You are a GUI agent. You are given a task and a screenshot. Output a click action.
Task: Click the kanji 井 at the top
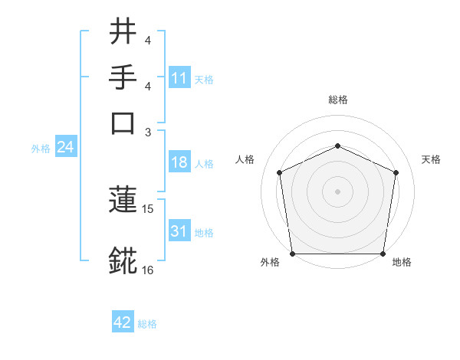click(x=123, y=33)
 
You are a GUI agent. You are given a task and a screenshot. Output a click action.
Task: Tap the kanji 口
click(x=123, y=123)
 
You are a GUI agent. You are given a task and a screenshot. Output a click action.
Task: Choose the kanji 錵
click(x=123, y=260)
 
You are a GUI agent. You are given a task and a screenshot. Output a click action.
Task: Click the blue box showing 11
click(x=179, y=78)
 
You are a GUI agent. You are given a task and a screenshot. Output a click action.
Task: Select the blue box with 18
click(x=179, y=163)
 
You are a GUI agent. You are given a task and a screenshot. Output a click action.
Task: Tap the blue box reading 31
click(x=179, y=231)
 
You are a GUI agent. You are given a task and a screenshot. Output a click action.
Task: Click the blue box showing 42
click(x=122, y=323)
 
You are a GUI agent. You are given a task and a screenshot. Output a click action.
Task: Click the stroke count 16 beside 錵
click(x=148, y=270)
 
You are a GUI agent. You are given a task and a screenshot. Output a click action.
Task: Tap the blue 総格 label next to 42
click(x=147, y=324)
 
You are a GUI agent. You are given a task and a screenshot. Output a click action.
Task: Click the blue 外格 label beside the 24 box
click(x=40, y=149)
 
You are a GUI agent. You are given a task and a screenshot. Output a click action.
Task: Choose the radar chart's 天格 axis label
click(x=431, y=159)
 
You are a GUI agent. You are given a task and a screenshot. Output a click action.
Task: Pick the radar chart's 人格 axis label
click(x=245, y=159)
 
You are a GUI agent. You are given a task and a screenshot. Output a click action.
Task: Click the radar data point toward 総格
click(x=337, y=146)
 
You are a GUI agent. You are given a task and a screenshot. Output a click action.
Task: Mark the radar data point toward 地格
click(x=383, y=254)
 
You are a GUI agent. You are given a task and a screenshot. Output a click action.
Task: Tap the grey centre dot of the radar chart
click(x=337, y=191)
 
